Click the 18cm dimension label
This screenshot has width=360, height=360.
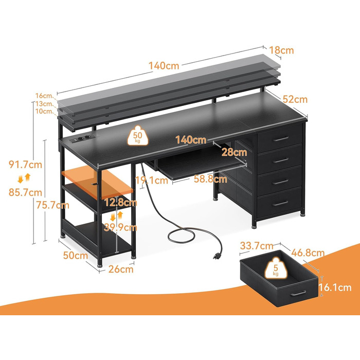(x=281, y=50)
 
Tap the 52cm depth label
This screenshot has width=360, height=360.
(x=295, y=99)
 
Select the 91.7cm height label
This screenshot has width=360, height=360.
(x=26, y=165)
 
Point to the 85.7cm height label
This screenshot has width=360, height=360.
(x=26, y=192)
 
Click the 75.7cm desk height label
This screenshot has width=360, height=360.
(x=53, y=205)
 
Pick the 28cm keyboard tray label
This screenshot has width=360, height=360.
(x=234, y=152)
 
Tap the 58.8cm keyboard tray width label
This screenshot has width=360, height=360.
(x=210, y=179)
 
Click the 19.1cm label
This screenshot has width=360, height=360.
(x=152, y=180)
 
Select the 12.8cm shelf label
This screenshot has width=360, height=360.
(x=120, y=203)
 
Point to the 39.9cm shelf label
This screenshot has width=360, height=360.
(x=120, y=227)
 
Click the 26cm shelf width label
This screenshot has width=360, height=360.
(x=121, y=269)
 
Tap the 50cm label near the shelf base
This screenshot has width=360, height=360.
(x=76, y=255)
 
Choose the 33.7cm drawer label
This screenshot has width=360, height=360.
(x=257, y=246)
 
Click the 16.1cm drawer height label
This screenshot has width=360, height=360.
(x=335, y=287)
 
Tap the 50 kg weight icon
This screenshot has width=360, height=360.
(x=138, y=136)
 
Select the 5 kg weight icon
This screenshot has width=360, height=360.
(x=276, y=268)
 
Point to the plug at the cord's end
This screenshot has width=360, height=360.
(x=217, y=256)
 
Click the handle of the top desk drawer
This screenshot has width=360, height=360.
(x=281, y=139)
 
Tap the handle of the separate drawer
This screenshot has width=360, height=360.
(x=298, y=294)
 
